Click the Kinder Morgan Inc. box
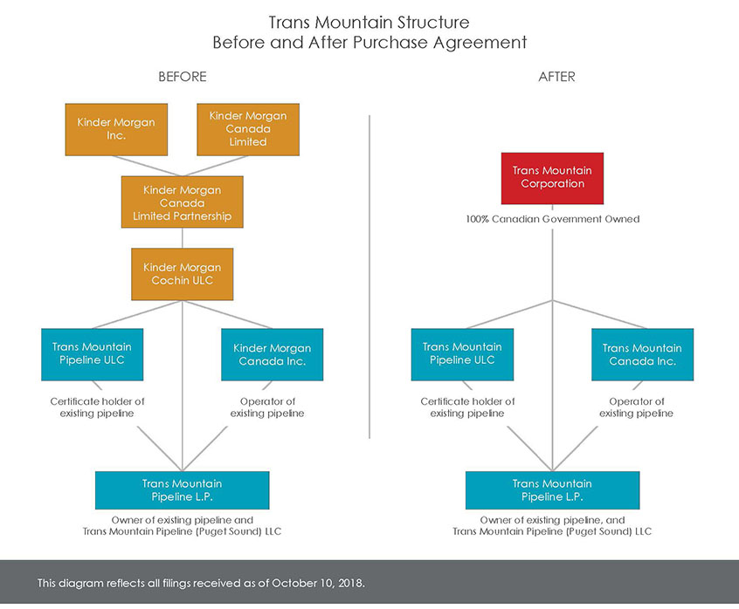pyautogui.click(x=115, y=128)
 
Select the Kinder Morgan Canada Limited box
pyautogui.click(x=247, y=128)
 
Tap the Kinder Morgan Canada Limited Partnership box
pyautogui.click(x=182, y=202)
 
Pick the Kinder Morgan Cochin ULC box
pyautogui.click(x=182, y=273)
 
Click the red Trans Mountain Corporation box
pyautogui.click(x=552, y=177)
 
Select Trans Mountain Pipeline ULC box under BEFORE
pyautogui.click(x=92, y=353)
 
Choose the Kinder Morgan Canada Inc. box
pyautogui.click(x=272, y=354)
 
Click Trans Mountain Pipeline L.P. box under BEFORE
pyautogui.click(x=182, y=489)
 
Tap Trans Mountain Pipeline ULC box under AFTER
pyautogui.click(x=462, y=353)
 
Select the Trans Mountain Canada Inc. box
pyautogui.click(x=642, y=354)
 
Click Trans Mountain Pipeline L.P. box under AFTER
pyautogui.click(x=552, y=489)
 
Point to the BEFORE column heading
pyautogui.click(x=182, y=77)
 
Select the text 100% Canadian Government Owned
pyautogui.click(x=552, y=219)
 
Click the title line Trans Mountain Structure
pyautogui.click(x=369, y=23)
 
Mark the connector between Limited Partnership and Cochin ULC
pyautogui.click(x=182, y=237)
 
